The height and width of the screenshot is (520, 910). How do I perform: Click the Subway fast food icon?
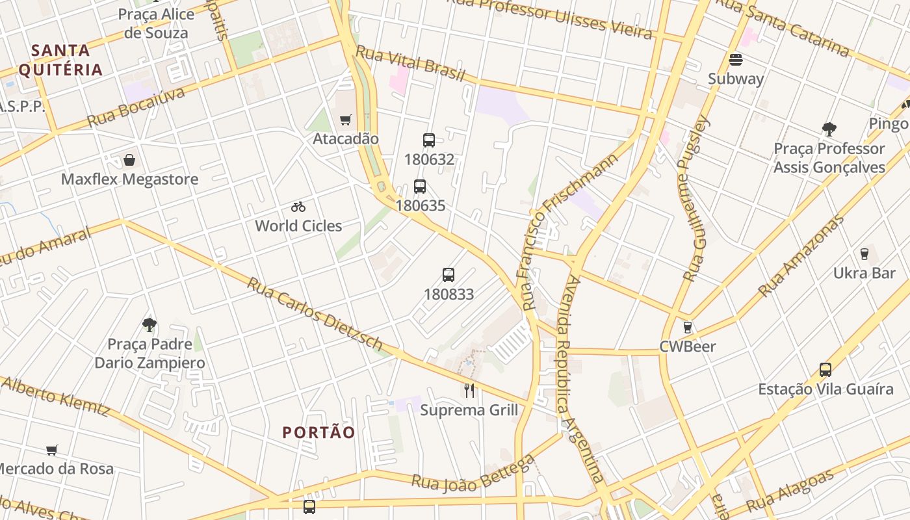coord(736,60)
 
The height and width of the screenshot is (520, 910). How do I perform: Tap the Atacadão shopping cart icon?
coord(346,120)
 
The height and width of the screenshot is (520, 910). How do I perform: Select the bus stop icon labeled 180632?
coord(428,140)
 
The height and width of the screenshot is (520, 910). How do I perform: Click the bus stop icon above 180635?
coord(420,187)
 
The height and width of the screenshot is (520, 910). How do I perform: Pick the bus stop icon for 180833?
coord(448,274)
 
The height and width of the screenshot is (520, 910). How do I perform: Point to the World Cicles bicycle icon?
coord(298,207)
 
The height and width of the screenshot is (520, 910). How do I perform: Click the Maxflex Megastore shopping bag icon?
coord(129,160)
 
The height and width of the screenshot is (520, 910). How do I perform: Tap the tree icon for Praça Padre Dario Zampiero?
coord(149,324)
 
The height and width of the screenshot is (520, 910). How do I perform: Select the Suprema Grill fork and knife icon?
coord(469,390)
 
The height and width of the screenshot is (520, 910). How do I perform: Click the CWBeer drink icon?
coord(688,327)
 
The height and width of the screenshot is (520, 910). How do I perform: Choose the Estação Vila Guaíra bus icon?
coord(825,370)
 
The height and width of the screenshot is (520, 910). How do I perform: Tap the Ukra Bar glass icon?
coord(864,253)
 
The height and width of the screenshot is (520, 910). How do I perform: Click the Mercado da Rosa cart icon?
coord(52,450)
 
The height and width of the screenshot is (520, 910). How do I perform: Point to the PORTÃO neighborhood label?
coord(319,432)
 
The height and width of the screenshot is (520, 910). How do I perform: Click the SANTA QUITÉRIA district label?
coord(60,60)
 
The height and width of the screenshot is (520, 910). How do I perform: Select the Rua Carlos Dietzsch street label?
coord(315,313)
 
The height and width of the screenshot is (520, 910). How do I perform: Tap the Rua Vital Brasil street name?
coord(410,64)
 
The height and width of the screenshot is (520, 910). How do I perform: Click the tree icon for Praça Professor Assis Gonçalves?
coord(829,129)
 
